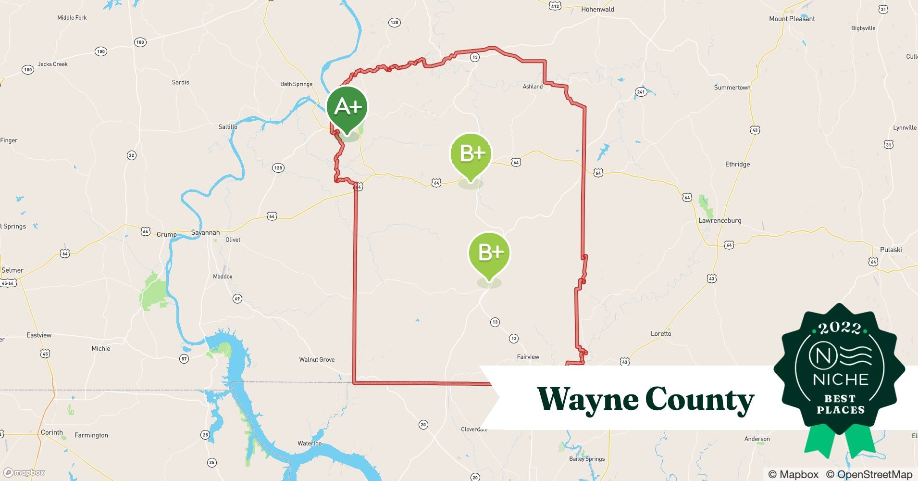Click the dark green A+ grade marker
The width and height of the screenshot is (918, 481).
pyautogui.click(x=347, y=107)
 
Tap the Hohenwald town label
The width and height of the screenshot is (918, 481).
pyautogui.click(x=597, y=9)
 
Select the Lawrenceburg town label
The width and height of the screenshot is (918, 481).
pyautogui.click(x=720, y=221)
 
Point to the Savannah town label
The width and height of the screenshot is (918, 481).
pyautogui.click(x=205, y=232)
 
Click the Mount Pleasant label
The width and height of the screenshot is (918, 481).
pyautogui.click(x=792, y=19)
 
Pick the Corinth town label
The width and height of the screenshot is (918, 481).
pyautogui.click(x=52, y=432)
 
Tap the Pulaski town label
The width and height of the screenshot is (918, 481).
pyautogui.click(x=891, y=250)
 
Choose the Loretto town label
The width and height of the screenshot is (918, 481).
pyautogui.click(x=661, y=334)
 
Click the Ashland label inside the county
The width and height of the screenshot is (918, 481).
pyautogui.click(x=533, y=87)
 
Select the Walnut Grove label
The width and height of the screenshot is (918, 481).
pyautogui.click(x=317, y=360)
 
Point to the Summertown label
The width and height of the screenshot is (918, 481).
pyautogui.click(x=732, y=88)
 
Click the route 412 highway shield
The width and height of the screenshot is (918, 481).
pyautogui.click(x=555, y=6)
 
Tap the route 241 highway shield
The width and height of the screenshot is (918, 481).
pyautogui.click(x=640, y=92)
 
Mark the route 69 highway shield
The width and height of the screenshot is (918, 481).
pyautogui.click(x=237, y=299)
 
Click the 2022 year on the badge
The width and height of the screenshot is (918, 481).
pyautogui.click(x=840, y=329)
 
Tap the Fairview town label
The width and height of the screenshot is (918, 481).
pyautogui.click(x=528, y=357)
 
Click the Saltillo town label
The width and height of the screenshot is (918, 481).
pyautogui.click(x=228, y=127)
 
